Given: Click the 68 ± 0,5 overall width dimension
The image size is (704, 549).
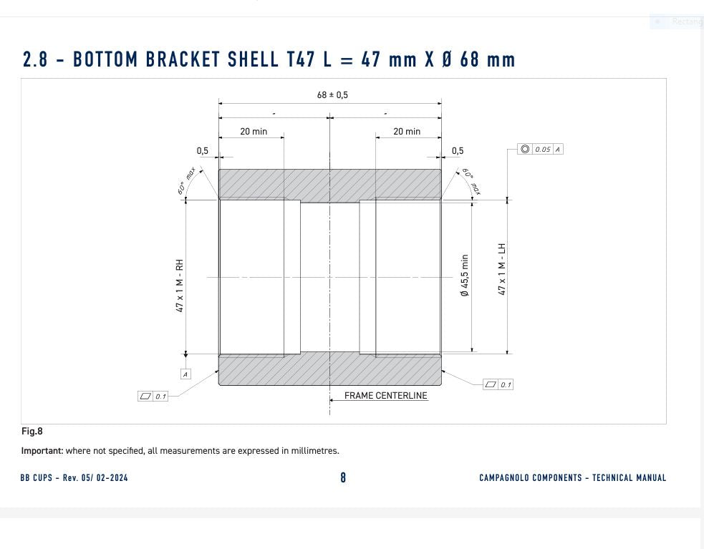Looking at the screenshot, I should [x=332, y=94].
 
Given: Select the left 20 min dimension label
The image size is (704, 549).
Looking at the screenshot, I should [x=254, y=132].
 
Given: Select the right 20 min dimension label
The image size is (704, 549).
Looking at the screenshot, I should [x=407, y=132].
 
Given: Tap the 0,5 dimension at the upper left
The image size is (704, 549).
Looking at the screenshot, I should [x=203, y=151].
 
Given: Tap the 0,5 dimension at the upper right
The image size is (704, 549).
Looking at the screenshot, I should [x=458, y=151].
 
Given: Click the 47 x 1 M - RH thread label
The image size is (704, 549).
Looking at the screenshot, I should [x=180, y=285].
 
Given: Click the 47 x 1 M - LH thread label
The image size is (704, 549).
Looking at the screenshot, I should [x=502, y=269].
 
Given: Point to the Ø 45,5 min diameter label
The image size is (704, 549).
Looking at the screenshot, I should [x=465, y=276].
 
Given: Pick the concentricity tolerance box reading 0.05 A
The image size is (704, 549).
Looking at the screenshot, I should [x=541, y=150].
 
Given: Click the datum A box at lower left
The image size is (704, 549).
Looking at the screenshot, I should [x=185, y=374].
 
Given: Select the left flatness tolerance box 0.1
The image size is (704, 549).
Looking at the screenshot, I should [x=153, y=396].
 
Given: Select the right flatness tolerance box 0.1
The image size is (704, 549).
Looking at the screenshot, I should [x=498, y=384].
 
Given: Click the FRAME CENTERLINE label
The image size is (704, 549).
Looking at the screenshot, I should [x=385, y=395].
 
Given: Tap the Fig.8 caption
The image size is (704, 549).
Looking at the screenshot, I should [x=32, y=431].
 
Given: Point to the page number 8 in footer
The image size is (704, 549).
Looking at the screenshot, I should [x=343, y=477].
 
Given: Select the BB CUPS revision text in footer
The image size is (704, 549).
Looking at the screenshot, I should [x=74, y=477].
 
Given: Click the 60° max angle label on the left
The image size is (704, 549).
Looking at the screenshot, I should [x=187, y=181].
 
